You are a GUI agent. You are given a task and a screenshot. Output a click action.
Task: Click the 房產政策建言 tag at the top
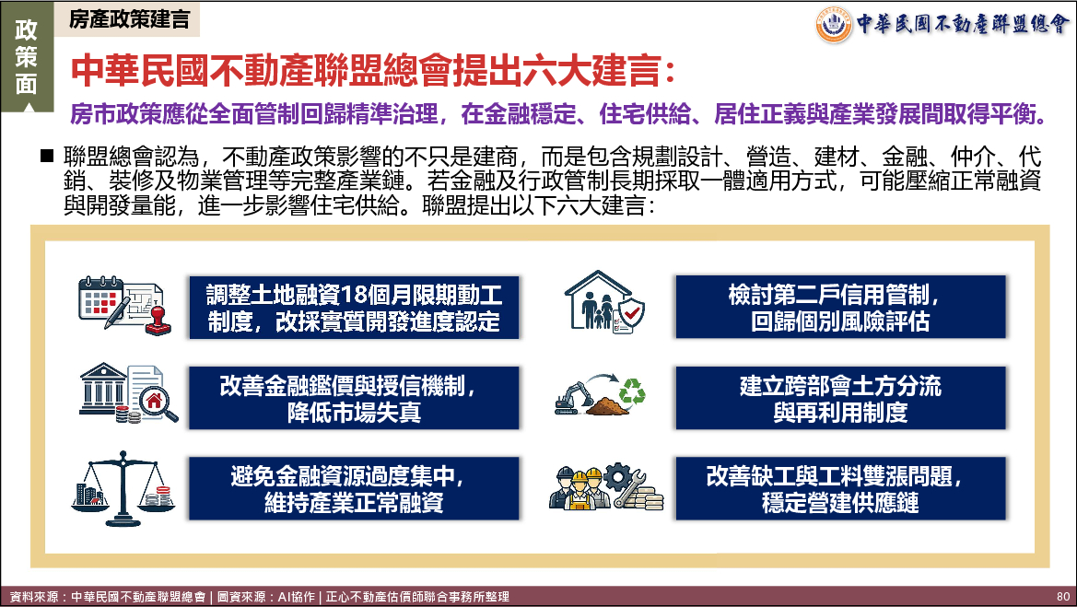129,19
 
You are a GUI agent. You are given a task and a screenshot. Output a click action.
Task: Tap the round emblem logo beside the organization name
833,24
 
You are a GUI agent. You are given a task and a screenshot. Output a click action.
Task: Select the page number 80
1063,597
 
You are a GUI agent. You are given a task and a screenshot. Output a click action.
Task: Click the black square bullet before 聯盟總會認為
47,156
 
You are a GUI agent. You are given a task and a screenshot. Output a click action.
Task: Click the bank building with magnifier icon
128,392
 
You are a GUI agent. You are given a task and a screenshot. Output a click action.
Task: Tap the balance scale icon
123,488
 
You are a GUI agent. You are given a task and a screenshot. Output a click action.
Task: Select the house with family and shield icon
604,302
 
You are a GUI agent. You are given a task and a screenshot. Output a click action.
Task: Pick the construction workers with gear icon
606,488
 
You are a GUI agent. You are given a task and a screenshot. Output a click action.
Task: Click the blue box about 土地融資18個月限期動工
354,307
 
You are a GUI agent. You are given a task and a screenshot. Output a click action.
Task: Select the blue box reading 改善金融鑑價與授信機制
354,398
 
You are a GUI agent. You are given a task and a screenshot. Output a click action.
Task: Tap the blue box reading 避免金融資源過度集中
354,488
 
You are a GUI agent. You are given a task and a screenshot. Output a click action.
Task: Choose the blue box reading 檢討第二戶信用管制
841,307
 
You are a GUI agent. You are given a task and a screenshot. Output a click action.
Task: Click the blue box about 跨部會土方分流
841,398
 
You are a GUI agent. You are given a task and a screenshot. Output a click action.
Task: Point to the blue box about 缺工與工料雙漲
841,488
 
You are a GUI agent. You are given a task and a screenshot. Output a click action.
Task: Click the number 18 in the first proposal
354,295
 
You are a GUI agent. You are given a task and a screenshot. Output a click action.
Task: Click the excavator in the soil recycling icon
574,398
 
